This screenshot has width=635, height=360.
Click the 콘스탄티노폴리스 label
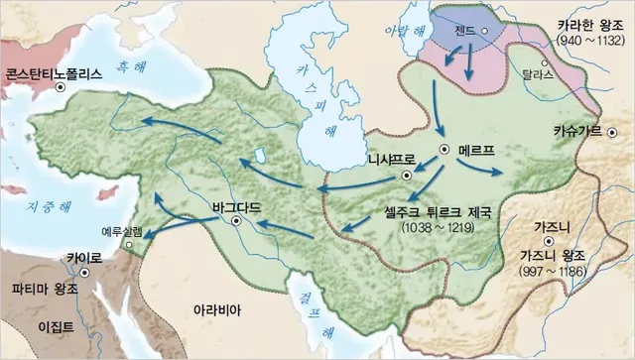[x=55, y=72]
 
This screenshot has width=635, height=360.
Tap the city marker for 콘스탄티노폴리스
[x=61, y=88]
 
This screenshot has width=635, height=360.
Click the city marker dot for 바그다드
[x=236, y=223]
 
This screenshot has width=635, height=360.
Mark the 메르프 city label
[x=477, y=151]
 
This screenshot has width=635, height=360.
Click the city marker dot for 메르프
[x=445, y=151]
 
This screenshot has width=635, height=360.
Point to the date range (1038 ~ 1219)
[x=438, y=229]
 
